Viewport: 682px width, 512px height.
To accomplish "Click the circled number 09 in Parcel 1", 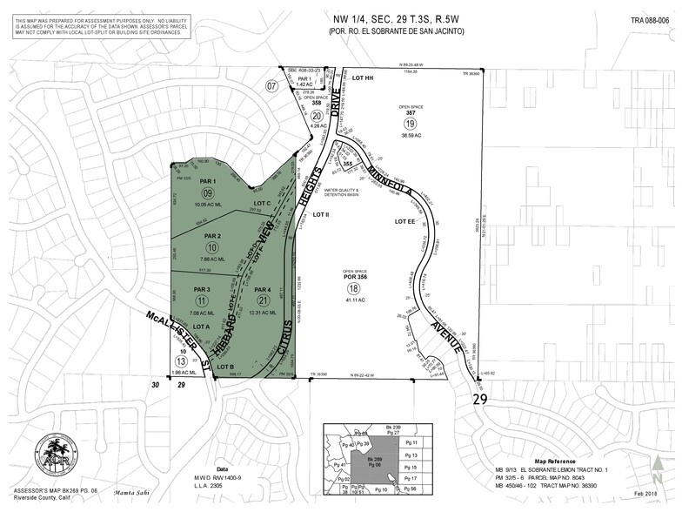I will [x=208, y=193].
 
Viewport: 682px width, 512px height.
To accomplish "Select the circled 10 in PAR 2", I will [x=208, y=247].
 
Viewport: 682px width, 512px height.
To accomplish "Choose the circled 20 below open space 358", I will [x=318, y=115].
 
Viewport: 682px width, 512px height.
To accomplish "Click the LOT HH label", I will [x=363, y=77].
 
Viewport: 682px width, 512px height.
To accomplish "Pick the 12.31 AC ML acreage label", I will [x=266, y=313].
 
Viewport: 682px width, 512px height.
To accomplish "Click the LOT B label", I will [x=223, y=367].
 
